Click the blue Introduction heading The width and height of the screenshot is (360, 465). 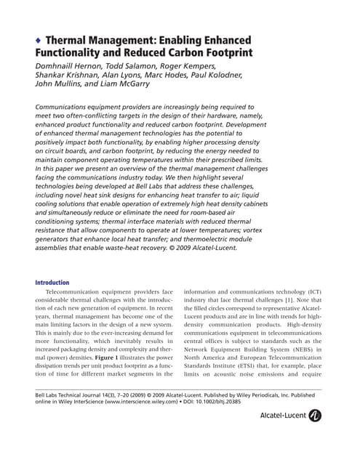52,283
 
